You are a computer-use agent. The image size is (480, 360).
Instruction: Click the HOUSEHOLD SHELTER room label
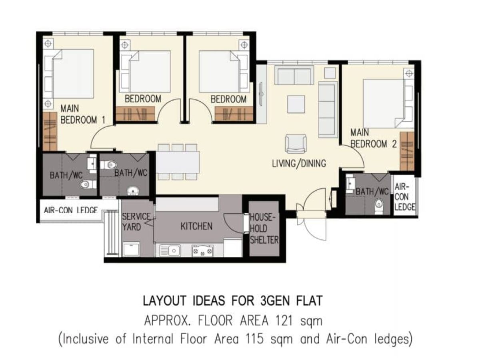point(264,229)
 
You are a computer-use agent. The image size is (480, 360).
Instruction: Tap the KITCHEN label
point(196,226)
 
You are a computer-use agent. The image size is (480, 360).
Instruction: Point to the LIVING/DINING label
point(299,163)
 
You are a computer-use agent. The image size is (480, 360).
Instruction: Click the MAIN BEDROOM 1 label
point(79,114)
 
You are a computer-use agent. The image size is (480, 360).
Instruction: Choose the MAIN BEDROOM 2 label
point(373,138)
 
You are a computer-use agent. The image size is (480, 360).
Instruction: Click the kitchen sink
point(170,250)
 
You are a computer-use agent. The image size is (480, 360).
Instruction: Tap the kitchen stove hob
point(203,251)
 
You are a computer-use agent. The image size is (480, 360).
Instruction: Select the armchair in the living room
point(296,144)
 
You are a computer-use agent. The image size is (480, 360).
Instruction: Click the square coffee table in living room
point(296,104)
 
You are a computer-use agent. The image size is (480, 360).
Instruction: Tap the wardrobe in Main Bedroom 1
point(50,132)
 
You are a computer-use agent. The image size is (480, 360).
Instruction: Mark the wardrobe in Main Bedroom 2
point(407,151)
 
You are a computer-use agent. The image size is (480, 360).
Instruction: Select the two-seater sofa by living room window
point(294,76)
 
